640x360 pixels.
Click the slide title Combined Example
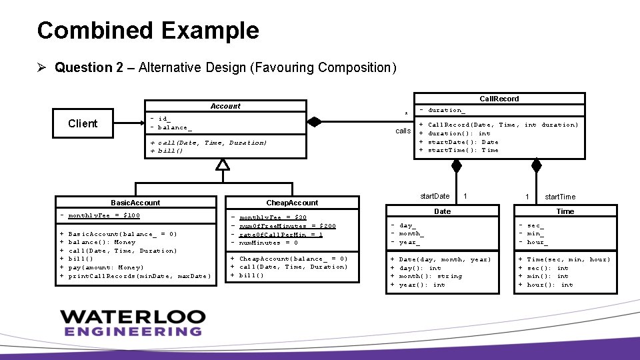pos(148,31)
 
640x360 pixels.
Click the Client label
pos(83,123)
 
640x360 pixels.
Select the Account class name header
pos(225,106)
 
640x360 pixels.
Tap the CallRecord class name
pos(499,99)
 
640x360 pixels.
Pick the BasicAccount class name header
pos(135,203)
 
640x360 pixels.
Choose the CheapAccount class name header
pos(292,203)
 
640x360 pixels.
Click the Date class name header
pos(443,211)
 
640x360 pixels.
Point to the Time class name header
pos(565,211)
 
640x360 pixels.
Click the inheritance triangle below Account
pos(223,165)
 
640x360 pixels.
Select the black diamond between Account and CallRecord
pos(314,122)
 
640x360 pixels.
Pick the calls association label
pos(403,131)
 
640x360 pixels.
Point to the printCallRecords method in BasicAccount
pos(139,276)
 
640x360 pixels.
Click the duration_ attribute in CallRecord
pos(446,110)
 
